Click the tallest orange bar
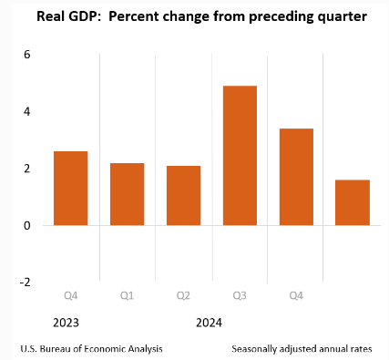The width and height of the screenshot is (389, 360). click(240, 156)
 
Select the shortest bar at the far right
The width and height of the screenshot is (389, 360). click(353, 202)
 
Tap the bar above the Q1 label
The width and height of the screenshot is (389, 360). click(128, 194)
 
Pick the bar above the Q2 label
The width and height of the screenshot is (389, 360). click(183, 196)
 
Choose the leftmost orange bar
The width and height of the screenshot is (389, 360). click(71, 189)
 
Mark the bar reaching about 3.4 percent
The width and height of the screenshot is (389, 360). click(296, 177)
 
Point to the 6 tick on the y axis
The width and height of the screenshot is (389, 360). click(27, 55)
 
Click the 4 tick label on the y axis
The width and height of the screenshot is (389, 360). click(27, 112)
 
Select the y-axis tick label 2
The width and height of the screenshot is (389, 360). click(27, 169)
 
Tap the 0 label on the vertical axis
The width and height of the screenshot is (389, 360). click(27, 226)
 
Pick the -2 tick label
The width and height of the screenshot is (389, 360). click(26, 283)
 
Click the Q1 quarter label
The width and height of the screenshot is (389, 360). click(127, 295)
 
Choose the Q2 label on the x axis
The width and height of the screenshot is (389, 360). click(183, 295)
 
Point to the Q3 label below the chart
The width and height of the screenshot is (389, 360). click(240, 295)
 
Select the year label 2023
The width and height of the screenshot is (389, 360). click(66, 323)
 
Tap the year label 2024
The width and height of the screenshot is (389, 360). click(209, 323)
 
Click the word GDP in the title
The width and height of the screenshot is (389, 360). click(86, 16)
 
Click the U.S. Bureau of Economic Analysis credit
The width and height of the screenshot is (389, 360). click(91, 349)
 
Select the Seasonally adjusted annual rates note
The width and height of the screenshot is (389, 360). click(302, 349)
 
